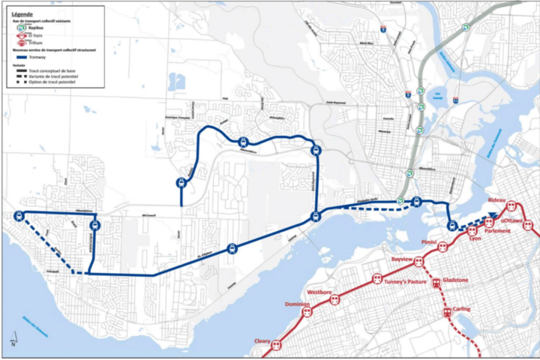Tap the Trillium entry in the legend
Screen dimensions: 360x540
28,43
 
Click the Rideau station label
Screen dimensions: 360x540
496,202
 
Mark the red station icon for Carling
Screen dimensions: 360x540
447,312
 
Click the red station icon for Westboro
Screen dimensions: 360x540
334,298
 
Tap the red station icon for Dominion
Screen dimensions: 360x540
307,312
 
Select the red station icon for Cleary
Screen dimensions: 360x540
276,345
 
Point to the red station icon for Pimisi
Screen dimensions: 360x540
443,246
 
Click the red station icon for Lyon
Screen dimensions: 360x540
472,229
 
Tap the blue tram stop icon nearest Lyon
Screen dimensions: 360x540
452,225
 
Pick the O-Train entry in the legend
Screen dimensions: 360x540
28,34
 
